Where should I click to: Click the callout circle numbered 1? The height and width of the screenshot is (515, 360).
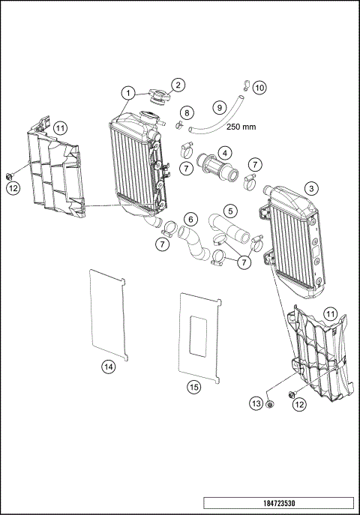tap(129, 93)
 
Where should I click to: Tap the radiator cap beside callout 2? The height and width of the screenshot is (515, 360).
tap(158, 97)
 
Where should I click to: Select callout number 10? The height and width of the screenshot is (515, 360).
tap(259, 88)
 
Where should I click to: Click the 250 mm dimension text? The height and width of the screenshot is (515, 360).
tap(241, 127)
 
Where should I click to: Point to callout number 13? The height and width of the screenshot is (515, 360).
tap(256, 404)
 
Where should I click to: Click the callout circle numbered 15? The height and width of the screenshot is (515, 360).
tap(193, 387)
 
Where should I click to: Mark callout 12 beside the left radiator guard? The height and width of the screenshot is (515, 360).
tap(13, 189)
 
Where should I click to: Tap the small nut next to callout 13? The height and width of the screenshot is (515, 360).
tap(271, 406)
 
